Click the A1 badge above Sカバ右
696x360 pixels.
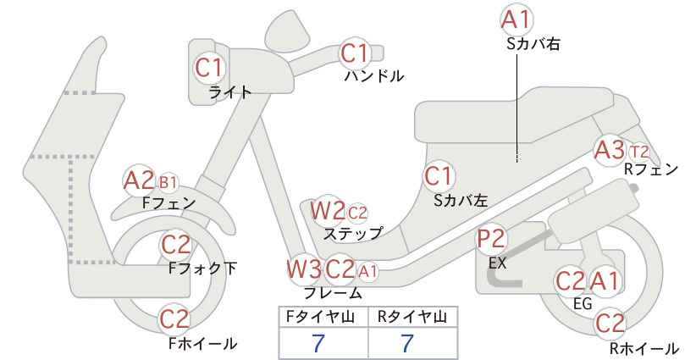click(x=516, y=19)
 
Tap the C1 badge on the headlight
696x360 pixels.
click(x=209, y=68)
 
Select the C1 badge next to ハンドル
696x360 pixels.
click(x=354, y=53)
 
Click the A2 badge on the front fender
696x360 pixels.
click(x=139, y=180)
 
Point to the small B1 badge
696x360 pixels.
click(x=168, y=182)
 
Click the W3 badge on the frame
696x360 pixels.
click(x=305, y=269)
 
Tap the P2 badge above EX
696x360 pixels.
click(x=491, y=239)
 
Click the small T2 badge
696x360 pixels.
click(x=639, y=152)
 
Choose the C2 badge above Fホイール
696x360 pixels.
click(x=174, y=318)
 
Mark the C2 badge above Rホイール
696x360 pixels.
click(x=610, y=324)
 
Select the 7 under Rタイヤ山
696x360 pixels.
click(x=406, y=343)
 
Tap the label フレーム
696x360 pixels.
click(x=333, y=293)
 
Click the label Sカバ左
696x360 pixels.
click(x=461, y=201)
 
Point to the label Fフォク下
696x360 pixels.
click(x=203, y=269)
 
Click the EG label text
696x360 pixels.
click(x=583, y=303)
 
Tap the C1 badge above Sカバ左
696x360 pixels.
click(x=438, y=176)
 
